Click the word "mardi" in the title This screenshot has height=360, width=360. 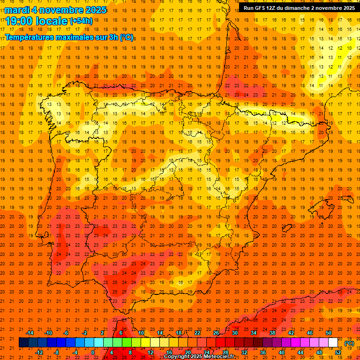[x=18, y=10]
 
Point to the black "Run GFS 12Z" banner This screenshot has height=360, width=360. [x=299, y=7]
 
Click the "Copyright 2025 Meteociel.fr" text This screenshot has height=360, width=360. [x=199, y=357]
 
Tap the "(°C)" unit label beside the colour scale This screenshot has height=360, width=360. [x=349, y=343]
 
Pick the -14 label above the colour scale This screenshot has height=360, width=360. [x=29, y=333]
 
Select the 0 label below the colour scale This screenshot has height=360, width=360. [x=93, y=352]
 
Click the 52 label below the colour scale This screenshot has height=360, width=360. [x=338, y=352]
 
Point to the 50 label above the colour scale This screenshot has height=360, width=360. [x=329, y=333]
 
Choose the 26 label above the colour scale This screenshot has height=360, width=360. [x=216, y=333]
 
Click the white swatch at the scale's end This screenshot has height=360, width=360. [x=333, y=343]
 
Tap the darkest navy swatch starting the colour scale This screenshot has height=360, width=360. [x=23, y=343]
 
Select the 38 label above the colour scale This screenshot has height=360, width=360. [x=272, y=333]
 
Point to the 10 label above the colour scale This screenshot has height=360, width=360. [x=141, y=333]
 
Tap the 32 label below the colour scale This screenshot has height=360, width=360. [x=244, y=352]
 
